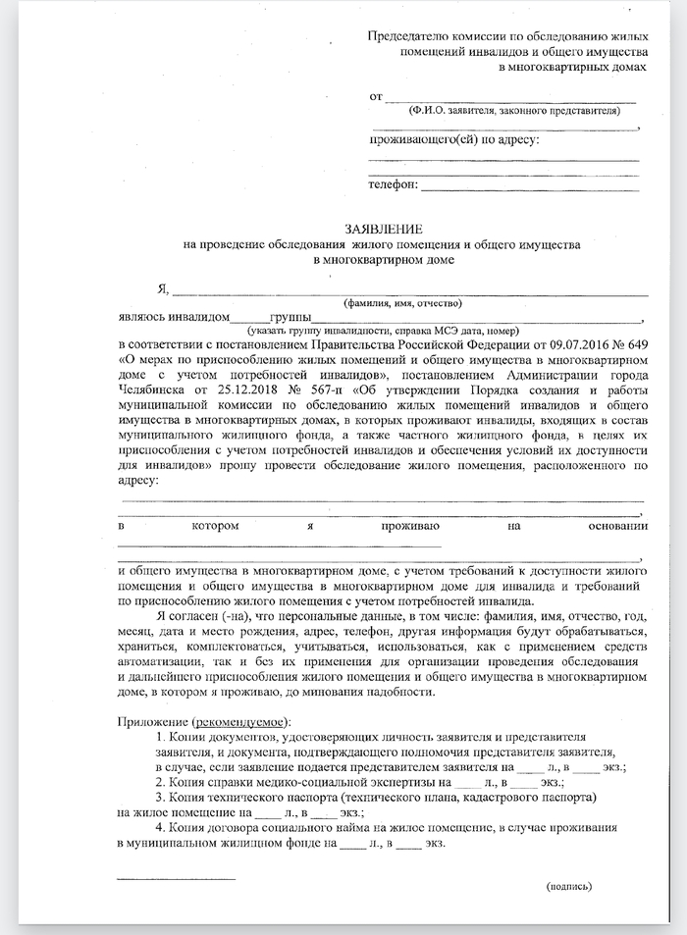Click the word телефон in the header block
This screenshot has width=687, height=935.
392,184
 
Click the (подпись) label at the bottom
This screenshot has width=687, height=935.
569,886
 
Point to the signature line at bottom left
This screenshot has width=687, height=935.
177,877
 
